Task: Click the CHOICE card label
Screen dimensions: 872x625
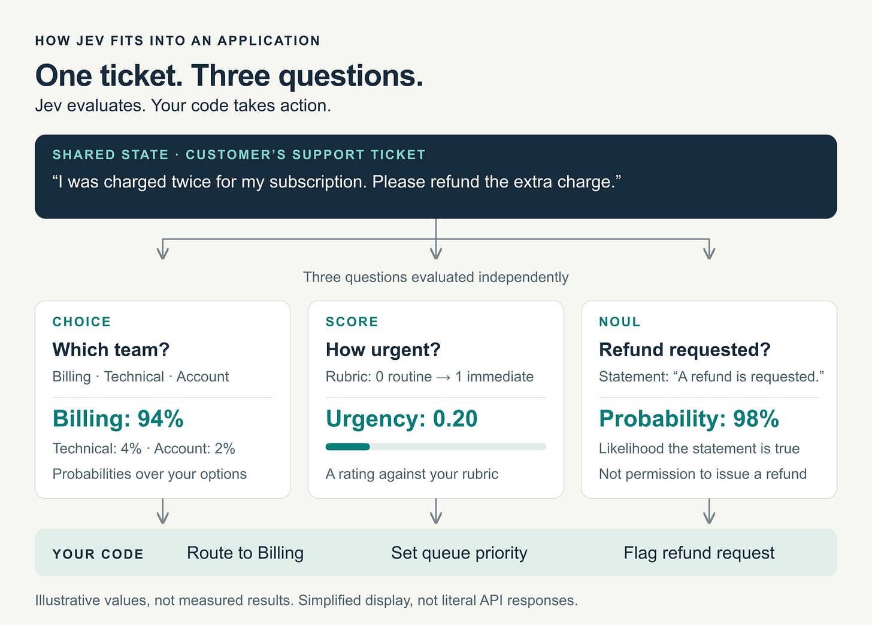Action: (x=81, y=322)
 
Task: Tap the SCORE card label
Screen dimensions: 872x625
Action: (x=352, y=322)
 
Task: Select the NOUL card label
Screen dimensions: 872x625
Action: (x=620, y=322)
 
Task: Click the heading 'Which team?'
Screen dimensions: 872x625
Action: (x=111, y=350)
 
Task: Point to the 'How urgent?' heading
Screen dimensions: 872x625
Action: (x=383, y=350)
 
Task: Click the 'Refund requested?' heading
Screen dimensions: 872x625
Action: (x=685, y=350)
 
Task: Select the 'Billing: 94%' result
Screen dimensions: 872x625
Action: (x=118, y=418)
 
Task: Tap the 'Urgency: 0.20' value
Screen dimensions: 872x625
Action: (x=402, y=418)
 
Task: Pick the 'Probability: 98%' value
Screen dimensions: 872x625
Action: (x=689, y=418)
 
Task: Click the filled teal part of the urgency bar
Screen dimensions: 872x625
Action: (x=347, y=447)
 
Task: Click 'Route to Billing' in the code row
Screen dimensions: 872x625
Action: (x=246, y=553)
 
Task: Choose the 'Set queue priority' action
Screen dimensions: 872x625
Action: (x=459, y=553)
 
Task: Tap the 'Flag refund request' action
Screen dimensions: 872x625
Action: (x=699, y=553)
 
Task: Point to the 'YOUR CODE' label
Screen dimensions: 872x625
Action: (x=98, y=554)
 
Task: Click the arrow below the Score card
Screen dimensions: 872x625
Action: (x=436, y=511)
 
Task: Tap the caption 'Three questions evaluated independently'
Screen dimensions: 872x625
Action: (x=436, y=277)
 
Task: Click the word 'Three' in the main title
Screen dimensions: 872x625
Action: (x=231, y=75)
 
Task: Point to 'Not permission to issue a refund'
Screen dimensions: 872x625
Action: (x=703, y=474)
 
